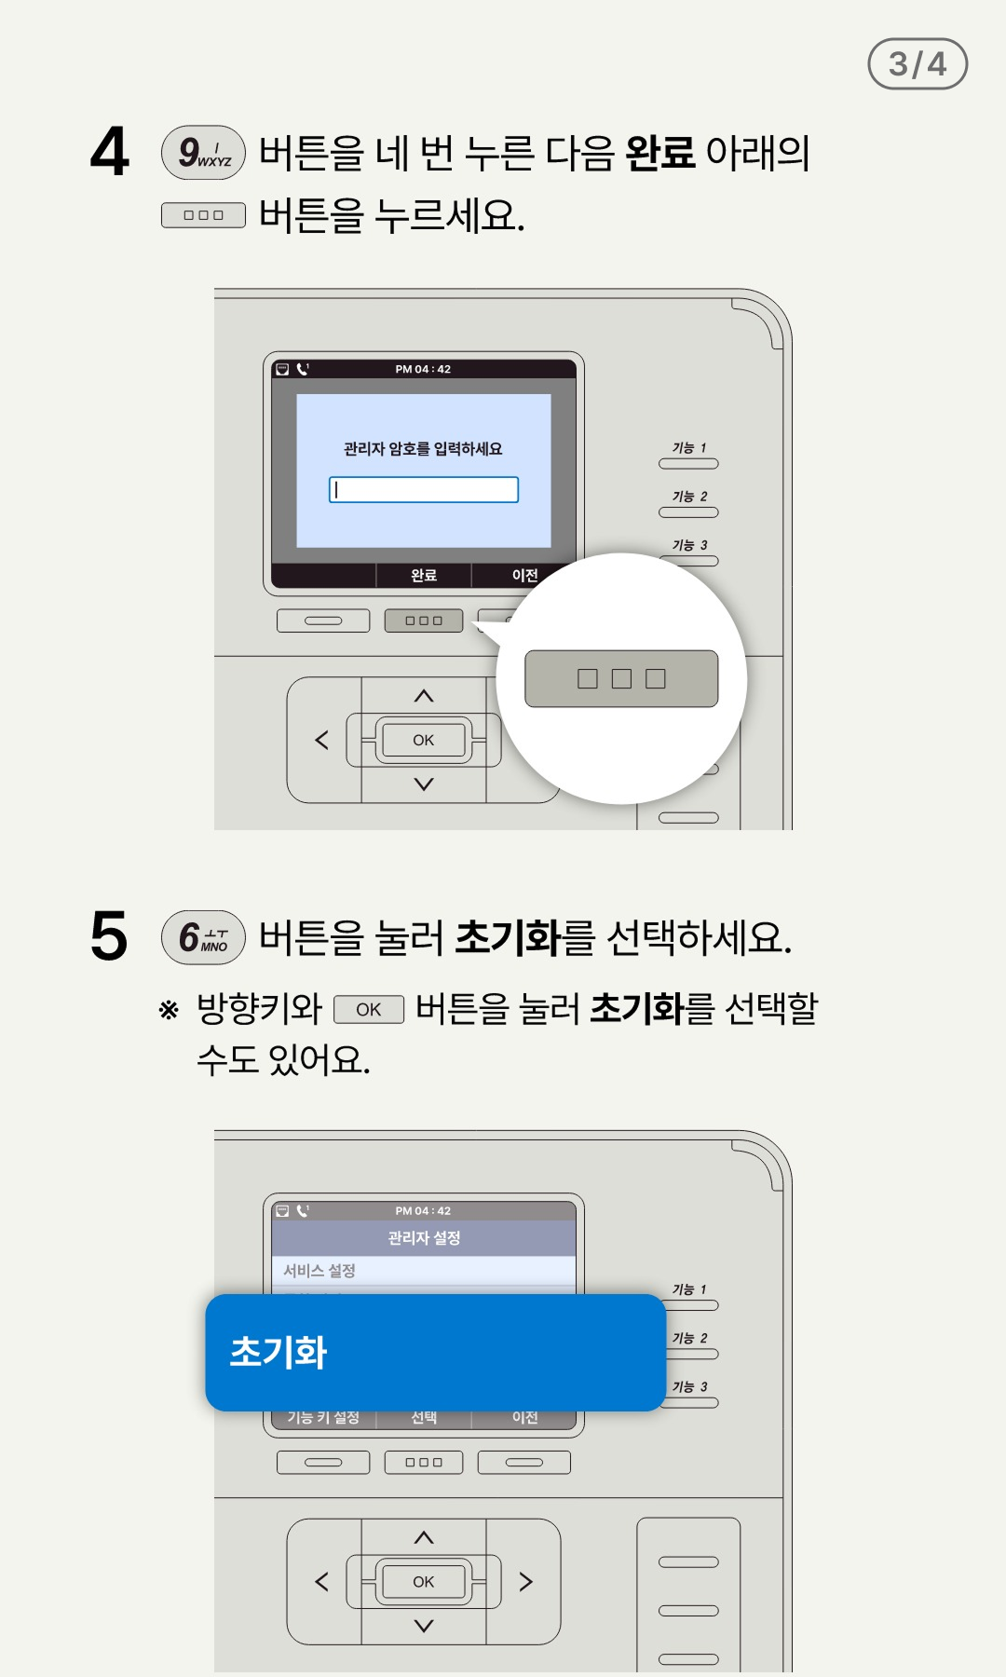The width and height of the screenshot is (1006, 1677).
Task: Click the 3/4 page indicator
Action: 918,63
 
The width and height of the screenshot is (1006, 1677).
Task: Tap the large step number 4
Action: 110,152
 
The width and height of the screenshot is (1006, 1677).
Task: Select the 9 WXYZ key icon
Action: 203,152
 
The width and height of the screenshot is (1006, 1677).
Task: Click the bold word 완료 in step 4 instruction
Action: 660,152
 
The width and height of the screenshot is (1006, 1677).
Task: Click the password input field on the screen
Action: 424,490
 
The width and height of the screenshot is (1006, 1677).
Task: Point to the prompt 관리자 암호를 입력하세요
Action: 423,449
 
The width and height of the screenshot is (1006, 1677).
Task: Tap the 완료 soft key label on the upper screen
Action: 424,576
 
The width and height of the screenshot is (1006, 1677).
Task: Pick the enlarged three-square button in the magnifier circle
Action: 621,678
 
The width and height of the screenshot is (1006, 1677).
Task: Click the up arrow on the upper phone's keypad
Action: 424,696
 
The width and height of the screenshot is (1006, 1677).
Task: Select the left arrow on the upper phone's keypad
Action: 322,740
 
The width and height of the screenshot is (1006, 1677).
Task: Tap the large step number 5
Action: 109,936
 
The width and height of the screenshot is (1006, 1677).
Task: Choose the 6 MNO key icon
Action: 203,937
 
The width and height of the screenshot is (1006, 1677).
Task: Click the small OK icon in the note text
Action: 369,1010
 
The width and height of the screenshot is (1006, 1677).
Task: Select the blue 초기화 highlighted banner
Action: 435,1353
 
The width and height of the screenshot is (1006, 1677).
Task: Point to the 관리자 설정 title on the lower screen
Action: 424,1238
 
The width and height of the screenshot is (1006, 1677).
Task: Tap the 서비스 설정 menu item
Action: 319,1271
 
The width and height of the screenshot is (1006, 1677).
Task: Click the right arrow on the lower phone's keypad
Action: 526,1582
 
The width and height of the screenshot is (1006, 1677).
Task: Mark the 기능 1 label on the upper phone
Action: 689,448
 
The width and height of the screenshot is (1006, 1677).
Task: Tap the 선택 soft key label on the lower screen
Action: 424,1417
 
